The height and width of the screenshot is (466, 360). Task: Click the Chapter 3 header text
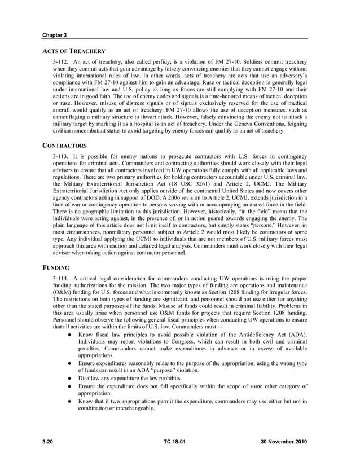[x=55, y=35]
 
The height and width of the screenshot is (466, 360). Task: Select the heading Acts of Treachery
[x=73, y=51]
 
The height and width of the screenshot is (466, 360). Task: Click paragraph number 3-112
[x=61, y=60]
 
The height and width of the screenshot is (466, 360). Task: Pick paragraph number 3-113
[x=61, y=155]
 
